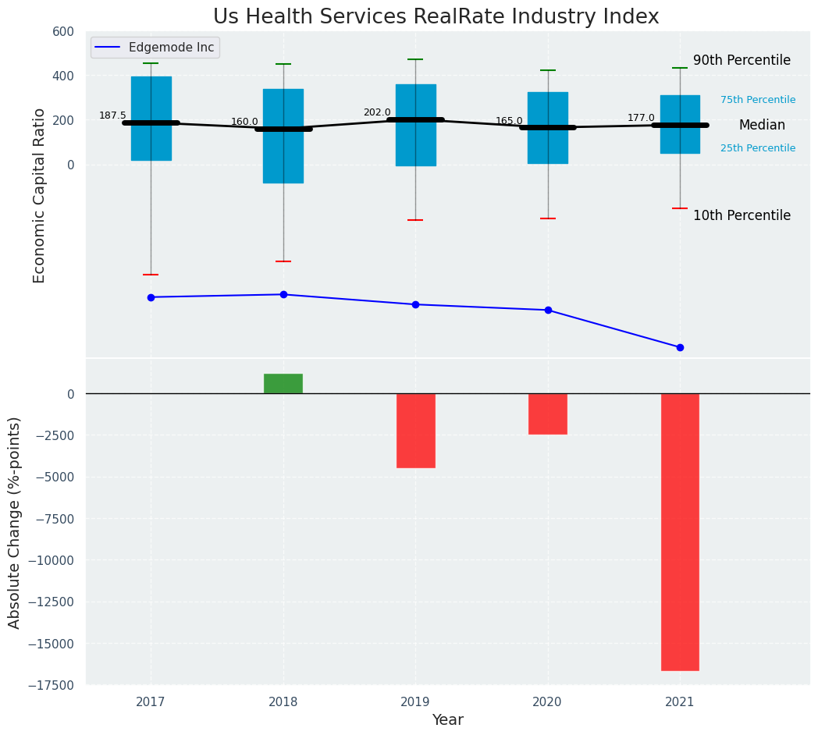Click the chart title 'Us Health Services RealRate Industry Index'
436,17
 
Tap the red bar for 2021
680,531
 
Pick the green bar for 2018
283,383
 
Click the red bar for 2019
415,430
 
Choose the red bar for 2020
548,414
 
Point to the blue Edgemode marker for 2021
680,347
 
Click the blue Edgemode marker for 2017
151,297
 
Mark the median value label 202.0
377,112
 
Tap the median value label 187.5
112,115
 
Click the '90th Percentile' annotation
742,61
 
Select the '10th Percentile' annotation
742,216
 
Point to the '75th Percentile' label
758,100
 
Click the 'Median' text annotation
762,126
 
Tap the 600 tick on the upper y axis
63,31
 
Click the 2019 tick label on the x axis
415,702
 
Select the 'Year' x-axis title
447,720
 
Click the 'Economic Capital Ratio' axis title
39,195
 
